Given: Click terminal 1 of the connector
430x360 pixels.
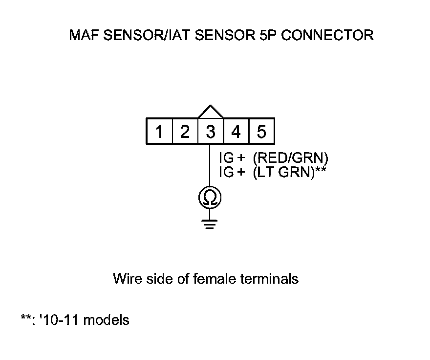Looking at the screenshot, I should [160, 132].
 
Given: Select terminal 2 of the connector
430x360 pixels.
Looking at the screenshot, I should [185, 132].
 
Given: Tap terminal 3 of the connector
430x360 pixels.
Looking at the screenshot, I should [211, 132].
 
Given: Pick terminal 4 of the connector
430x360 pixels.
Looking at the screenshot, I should [236, 132].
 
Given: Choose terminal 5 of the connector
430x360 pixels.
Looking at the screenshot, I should [261, 132].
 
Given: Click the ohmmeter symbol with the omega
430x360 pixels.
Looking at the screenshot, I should [210, 198].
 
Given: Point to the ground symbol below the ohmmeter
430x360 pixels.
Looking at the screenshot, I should [210, 225].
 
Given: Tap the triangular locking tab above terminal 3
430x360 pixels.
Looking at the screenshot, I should [211, 112].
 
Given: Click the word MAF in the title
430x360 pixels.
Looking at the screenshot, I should [83, 36].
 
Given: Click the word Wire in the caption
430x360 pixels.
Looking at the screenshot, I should [126, 279].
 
